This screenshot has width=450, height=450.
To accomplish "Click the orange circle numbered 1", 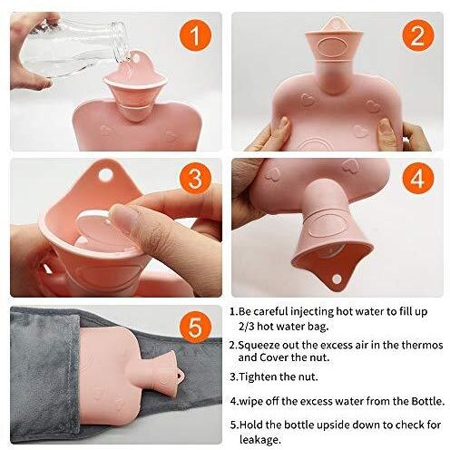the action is click(x=195, y=35).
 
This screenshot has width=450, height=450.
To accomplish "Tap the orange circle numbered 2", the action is click(x=418, y=35).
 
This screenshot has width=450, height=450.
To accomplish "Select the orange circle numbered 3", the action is click(x=195, y=179).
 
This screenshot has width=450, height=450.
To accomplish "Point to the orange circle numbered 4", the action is click(x=418, y=179).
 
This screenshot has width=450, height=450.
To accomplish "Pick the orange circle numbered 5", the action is click(x=195, y=328).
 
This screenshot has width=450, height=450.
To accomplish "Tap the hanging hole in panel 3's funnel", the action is click(x=105, y=175).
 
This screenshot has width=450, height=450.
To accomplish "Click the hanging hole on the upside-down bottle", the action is click(x=337, y=279).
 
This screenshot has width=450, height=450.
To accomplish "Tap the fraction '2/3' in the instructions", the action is click(x=246, y=327).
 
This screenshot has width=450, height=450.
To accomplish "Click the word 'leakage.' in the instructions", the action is click(x=260, y=439).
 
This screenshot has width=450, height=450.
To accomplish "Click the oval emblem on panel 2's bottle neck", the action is click(x=332, y=47).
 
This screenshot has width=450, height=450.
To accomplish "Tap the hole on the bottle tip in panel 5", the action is click(x=179, y=377).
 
